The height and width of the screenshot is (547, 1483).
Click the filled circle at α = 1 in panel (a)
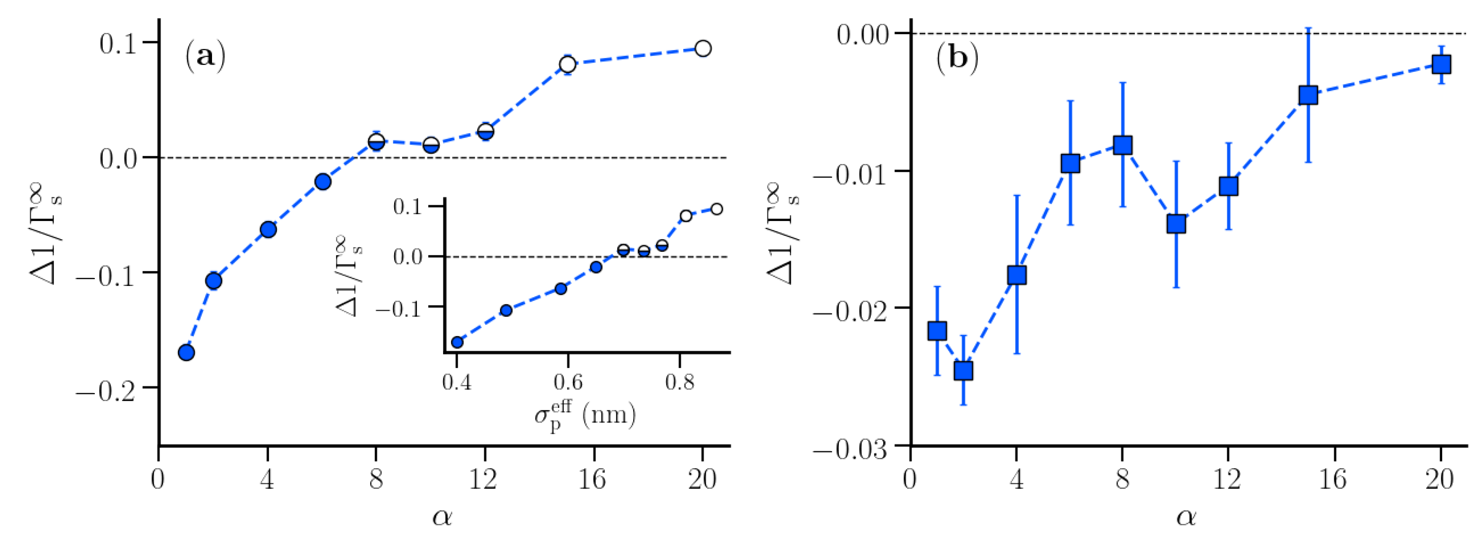click(x=186, y=353)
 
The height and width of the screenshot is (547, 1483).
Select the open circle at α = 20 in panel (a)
click(x=702, y=49)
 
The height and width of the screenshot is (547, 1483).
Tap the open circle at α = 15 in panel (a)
click(x=568, y=64)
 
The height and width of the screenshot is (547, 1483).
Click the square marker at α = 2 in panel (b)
click(x=963, y=371)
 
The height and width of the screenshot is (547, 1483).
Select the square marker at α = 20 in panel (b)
click(x=1441, y=64)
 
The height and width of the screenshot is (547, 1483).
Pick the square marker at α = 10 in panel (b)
click(x=1176, y=224)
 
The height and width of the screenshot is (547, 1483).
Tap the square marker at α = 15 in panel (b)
click(x=1308, y=95)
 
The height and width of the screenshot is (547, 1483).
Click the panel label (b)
click(x=957, y=58)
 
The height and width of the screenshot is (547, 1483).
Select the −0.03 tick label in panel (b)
click(x=850, y=450)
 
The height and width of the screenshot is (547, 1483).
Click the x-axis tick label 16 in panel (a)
click(x=592, y=479)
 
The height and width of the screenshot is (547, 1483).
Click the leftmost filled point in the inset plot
click(x=457, y=342)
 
